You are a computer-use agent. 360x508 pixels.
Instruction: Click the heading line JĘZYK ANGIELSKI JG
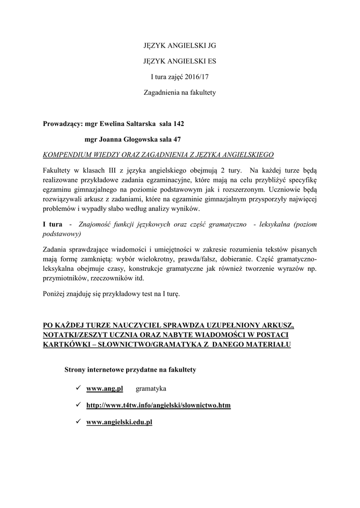click(x=180, y=45)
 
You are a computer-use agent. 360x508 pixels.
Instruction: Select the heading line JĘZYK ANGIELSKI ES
click(x=180, y=61)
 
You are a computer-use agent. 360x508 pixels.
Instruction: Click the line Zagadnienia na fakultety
click(x=180, y=93)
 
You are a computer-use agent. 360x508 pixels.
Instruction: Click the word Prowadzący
click(x=61, y=123)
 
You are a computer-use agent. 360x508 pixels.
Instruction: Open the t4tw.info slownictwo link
click(x=158, y=405)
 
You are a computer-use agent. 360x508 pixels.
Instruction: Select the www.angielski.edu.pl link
click(x=119, y=422)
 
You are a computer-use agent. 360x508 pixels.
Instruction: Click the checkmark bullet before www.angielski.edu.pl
click(x=78, y=422)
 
